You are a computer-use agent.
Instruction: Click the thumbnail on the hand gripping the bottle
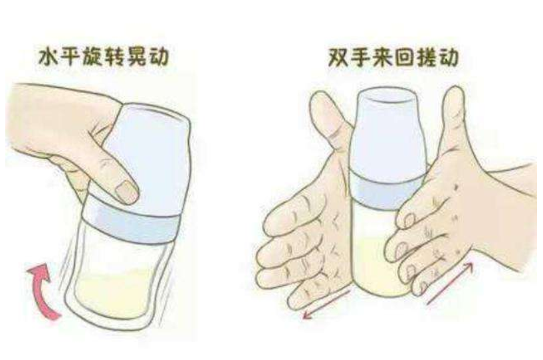124,193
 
